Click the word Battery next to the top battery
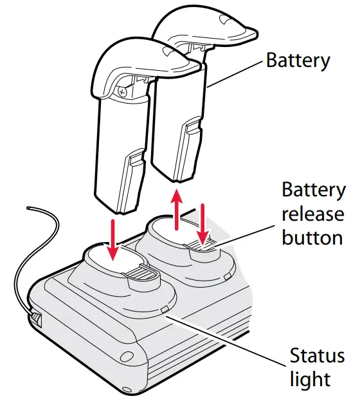[298, 61]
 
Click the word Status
[316, 355]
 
